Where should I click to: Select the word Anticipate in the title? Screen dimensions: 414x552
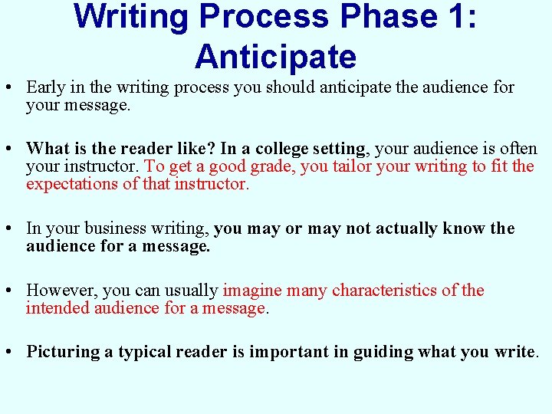click(275, 57)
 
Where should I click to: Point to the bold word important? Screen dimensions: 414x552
click(288, 352)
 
